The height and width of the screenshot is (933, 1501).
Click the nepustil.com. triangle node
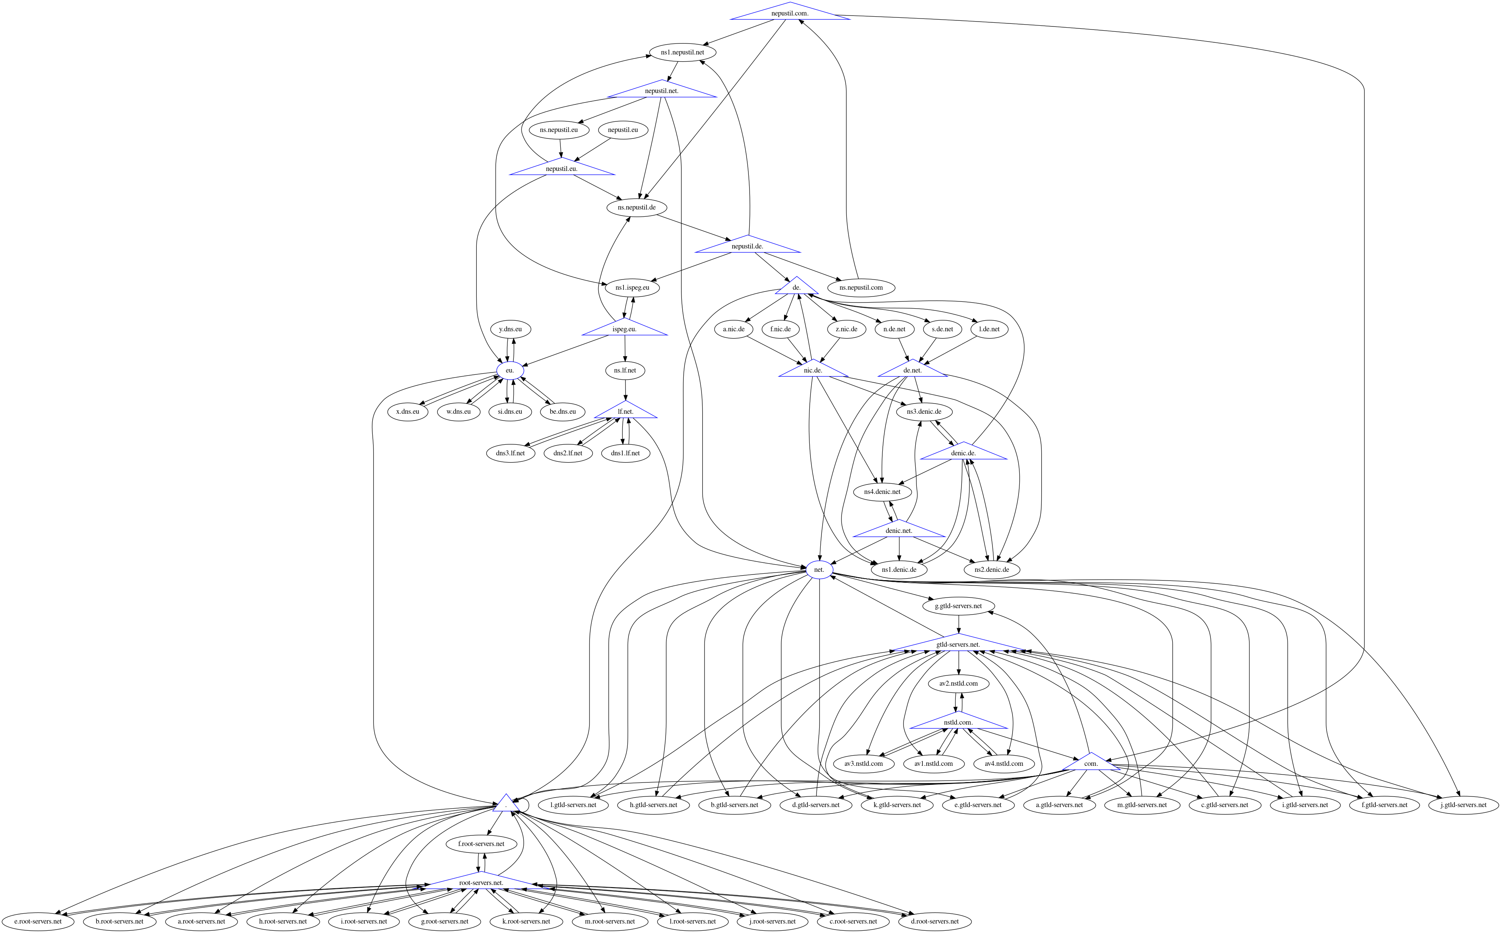pyautogui.click(x=789, y=13)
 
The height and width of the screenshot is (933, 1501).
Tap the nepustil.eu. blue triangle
pyautogui.click(x=562, y=168)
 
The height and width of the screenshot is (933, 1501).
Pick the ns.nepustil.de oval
pyautogui.click(x=636, y=207)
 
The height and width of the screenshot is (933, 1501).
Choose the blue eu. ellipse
pyautogui.click(x=510, y=370)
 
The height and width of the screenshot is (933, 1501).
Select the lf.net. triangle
pyautogui.click(x=625, y=411)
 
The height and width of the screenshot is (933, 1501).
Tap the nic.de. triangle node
pyautogui.click(x=813, y=370)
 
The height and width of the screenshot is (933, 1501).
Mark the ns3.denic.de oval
pyautogui.click(x=924, y=411)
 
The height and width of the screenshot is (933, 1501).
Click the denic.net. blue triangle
pyautogui.click(x=899, y=531)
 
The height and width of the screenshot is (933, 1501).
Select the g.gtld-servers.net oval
pyautogui.click(x=958, y=606)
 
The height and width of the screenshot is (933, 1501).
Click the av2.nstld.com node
pyautogui.click(x=958, y=684)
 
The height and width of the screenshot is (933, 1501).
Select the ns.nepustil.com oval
pyautogui.click(x=861, y=287)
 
